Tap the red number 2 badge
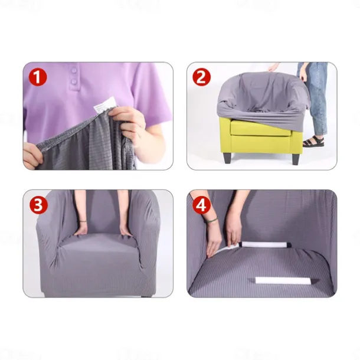tap(202, 77)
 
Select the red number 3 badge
tap(38, 205)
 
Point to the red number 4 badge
tap(202, 205)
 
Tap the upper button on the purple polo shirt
tap(73, 70)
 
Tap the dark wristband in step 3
tap(83, 222)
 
